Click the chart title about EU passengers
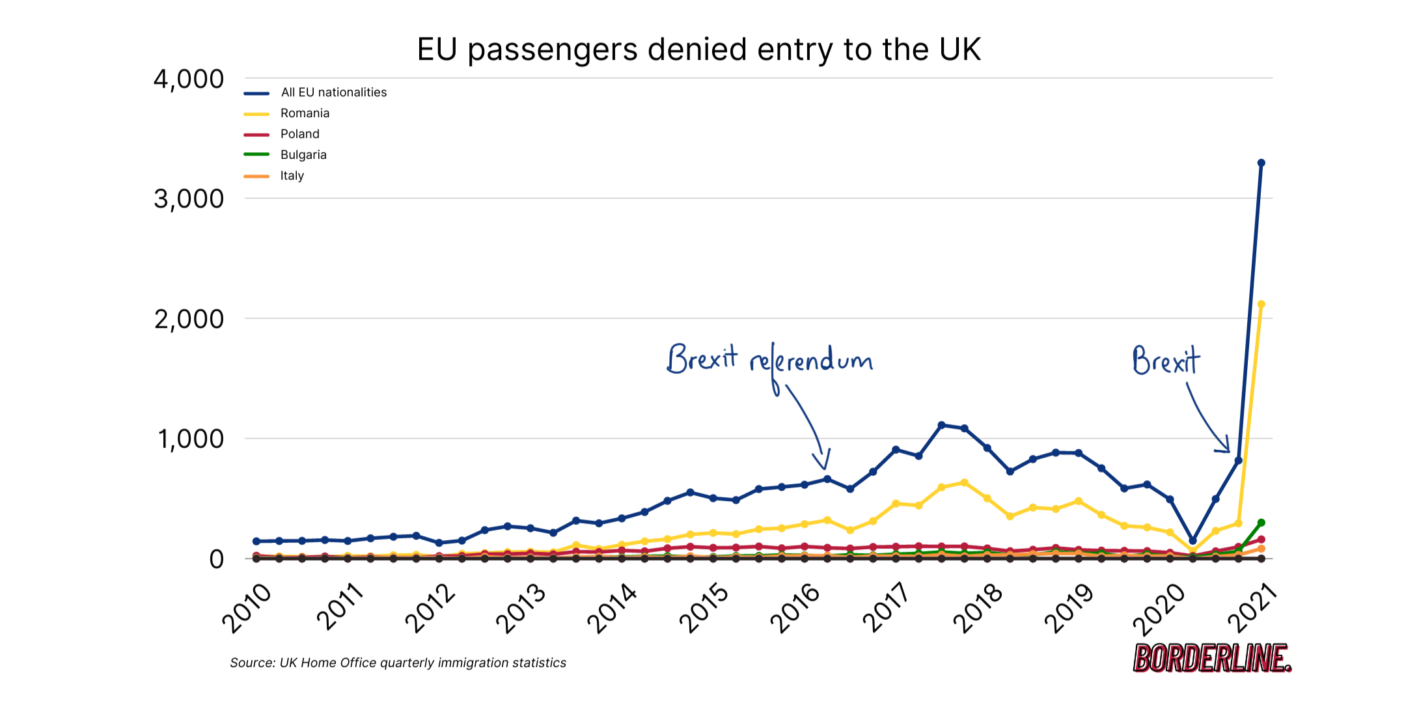click(x=698, y=49)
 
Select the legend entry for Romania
click(x=305, y=113)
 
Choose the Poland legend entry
click(x=299, y=134)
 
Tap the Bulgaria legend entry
click(x=303, y=155)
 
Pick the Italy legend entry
click(x=292, y=176)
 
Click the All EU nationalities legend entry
click(x=333, y=92)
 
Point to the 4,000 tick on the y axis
click(x=188, y=79)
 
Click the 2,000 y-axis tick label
click(x=188, y=319)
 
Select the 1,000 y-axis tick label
click(x=190, y=439)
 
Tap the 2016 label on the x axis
click(x=795, y=608)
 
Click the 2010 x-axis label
click(x=247, y=608)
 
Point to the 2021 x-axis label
click(x=1252, y=608)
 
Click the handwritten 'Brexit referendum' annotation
click(x=769, y=360)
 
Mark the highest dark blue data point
click(x=1261, y=163)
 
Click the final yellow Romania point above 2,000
click(x=1261, y=304)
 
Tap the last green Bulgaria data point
click(x=1261, y=523)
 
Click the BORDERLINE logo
click(x=1211, y=658)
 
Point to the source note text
click(x=398, y=663)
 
